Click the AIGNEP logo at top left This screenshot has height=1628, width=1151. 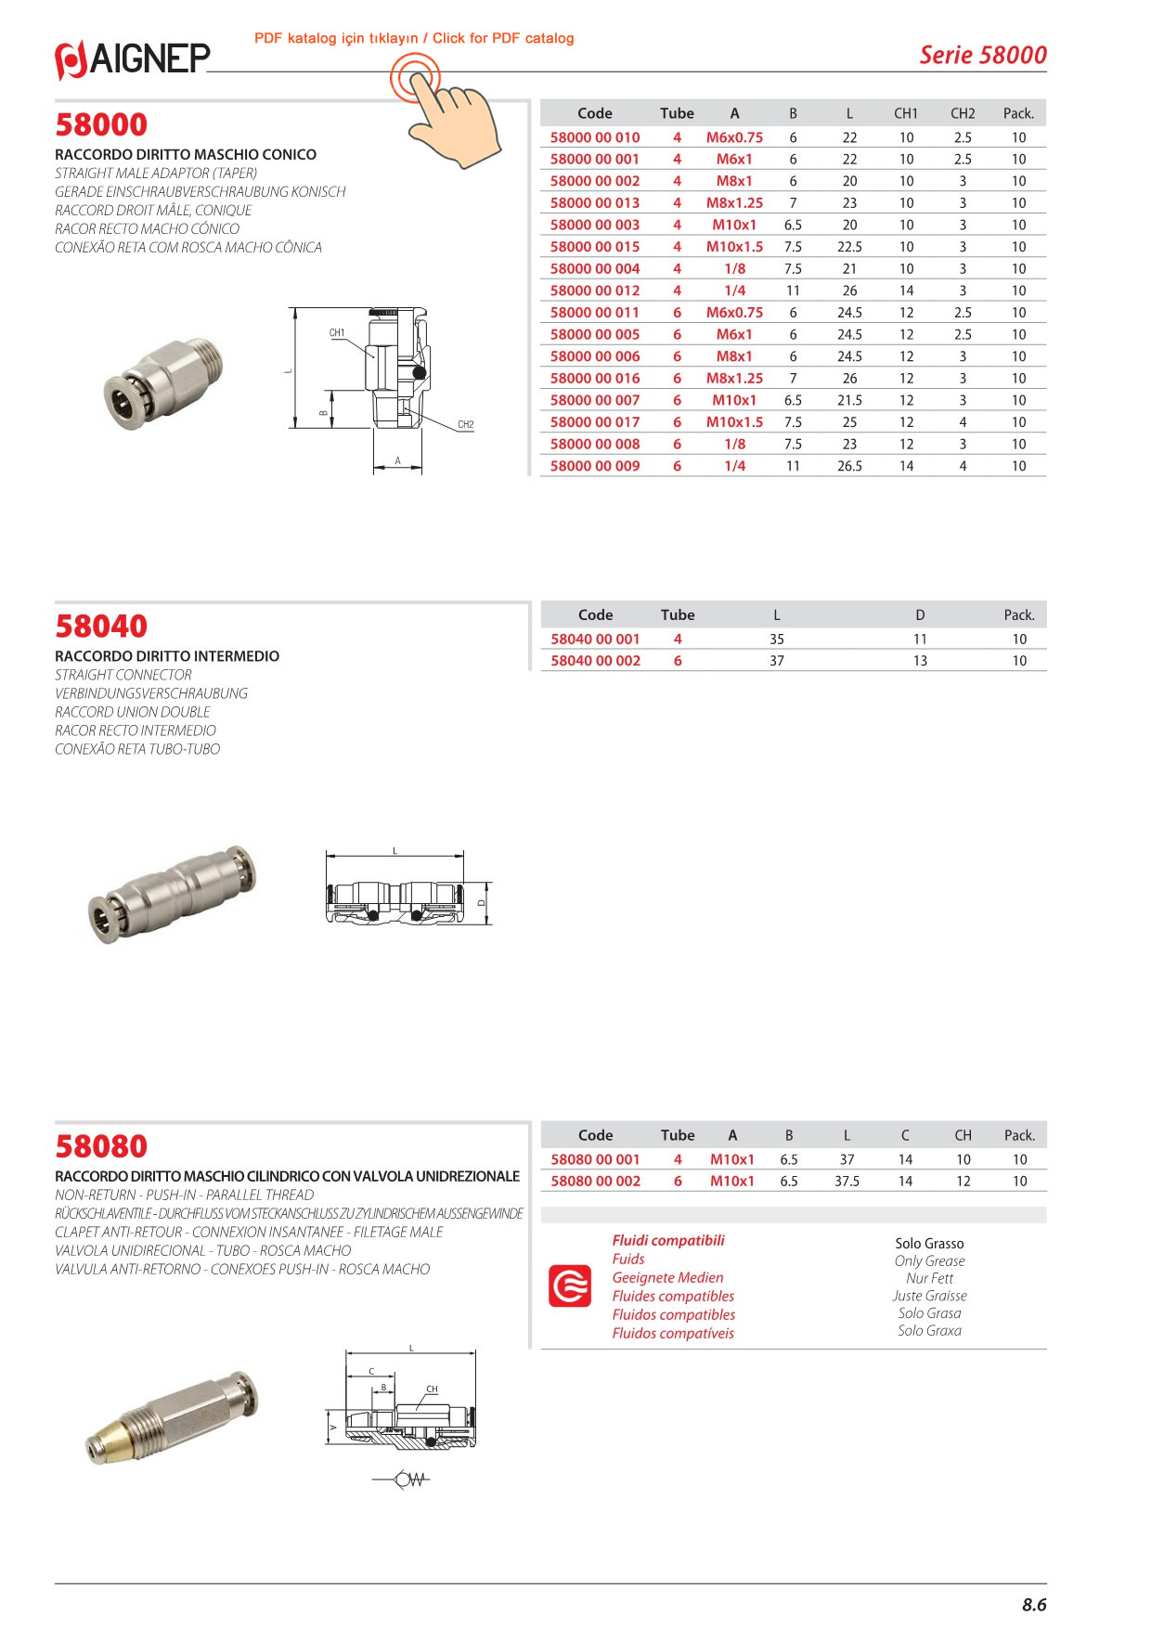133,59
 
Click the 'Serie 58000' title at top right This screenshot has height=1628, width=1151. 982,55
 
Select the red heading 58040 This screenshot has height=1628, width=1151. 101,627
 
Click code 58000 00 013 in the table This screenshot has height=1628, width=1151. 594,203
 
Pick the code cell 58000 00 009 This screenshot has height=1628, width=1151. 594,466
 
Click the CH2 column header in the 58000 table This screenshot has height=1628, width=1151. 963,113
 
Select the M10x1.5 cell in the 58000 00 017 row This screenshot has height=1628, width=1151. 734,422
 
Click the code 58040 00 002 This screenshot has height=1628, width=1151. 595,661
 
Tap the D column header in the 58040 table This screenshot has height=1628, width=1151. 920,615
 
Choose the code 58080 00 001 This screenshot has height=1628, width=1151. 595,1159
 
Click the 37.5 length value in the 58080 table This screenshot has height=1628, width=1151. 847,1182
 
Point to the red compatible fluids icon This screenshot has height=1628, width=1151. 570,1286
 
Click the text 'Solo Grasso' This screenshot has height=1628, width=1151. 929,1244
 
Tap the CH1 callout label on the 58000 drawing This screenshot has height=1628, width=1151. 337,332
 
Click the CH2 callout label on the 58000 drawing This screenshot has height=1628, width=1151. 466,424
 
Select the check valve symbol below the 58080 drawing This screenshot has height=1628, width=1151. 409,1479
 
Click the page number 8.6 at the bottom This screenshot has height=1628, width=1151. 1034,1605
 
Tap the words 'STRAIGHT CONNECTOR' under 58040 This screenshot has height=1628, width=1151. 123,675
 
